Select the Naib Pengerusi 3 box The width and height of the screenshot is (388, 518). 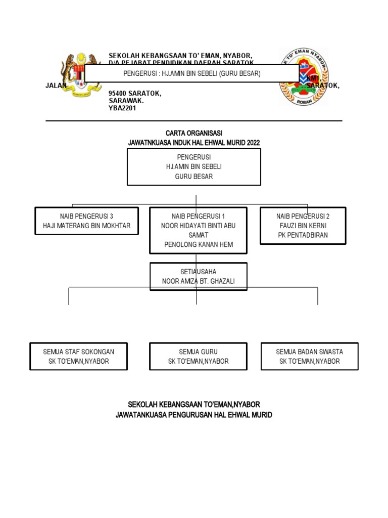pos(86,221)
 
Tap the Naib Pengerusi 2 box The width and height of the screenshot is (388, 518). pos(303,226)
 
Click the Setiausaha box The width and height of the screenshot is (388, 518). pos(198,276)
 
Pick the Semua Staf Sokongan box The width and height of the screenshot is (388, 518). pos(78,356)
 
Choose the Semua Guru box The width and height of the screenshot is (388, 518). pos(198,356)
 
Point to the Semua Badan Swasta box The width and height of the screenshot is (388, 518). pos(309,356)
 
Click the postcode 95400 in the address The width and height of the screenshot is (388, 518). pos(119,94)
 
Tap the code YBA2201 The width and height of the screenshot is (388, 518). pos(123,108)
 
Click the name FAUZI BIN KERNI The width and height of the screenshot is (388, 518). pos(303,226)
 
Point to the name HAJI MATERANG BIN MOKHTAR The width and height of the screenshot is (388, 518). pos(86,226)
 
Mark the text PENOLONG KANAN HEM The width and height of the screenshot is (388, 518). pos(198,245)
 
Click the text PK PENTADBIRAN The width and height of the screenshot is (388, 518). pos(303,235)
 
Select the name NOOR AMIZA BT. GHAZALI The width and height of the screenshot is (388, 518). pos(198,281)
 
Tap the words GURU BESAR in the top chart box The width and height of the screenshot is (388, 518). pos(194,177)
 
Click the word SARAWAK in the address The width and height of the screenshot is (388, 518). pos(126,101)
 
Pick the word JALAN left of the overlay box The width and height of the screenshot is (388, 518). pos(56,86)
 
